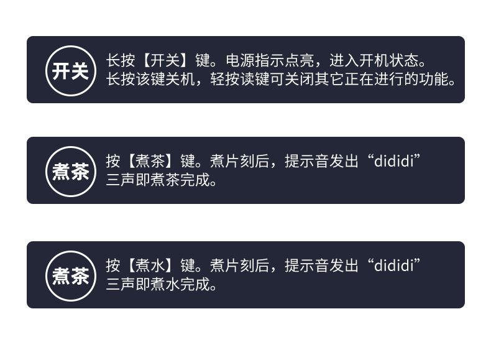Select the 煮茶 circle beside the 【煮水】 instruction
(70, 275)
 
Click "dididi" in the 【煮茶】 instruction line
(394, 162)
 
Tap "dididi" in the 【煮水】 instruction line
(394, 266)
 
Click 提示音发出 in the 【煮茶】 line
(321, 162)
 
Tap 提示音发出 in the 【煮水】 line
(321, 266)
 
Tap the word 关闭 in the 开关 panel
(307, 80)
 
